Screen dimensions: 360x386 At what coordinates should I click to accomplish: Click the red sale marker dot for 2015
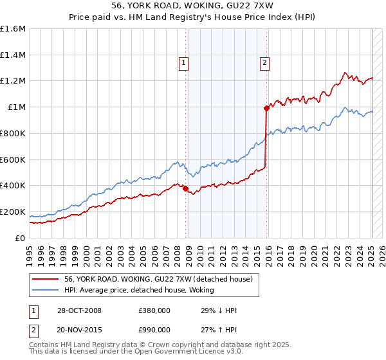tap(266, 108)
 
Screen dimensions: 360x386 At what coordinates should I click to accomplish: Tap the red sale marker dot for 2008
tap(186, 188)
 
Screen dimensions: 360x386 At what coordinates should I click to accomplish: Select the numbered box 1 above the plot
tap(184, 62)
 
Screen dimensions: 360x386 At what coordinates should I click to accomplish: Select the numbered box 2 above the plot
tap(264, 62)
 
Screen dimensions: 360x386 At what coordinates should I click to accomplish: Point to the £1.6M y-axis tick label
tap(13, 29)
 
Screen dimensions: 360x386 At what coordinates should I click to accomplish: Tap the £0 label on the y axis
tap(21, 238)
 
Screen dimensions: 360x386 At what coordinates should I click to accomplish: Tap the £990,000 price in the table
tap(154, 329)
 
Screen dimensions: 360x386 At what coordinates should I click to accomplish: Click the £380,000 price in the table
tap(154, 310)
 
